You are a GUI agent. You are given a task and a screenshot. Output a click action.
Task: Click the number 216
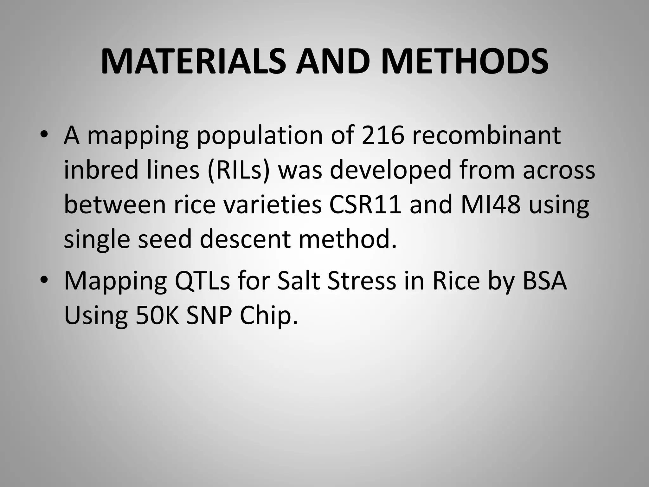(x=383, y=136)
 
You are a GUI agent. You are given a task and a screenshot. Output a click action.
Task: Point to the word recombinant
(x=486, y=136)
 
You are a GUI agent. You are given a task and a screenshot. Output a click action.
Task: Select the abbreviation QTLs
(x=202, y=282)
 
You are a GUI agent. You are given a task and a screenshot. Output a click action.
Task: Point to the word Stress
(x=362, y=281)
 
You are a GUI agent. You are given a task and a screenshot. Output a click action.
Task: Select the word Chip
(x=269, y=316)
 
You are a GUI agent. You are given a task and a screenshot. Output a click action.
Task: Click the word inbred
(x=101, y=170)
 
